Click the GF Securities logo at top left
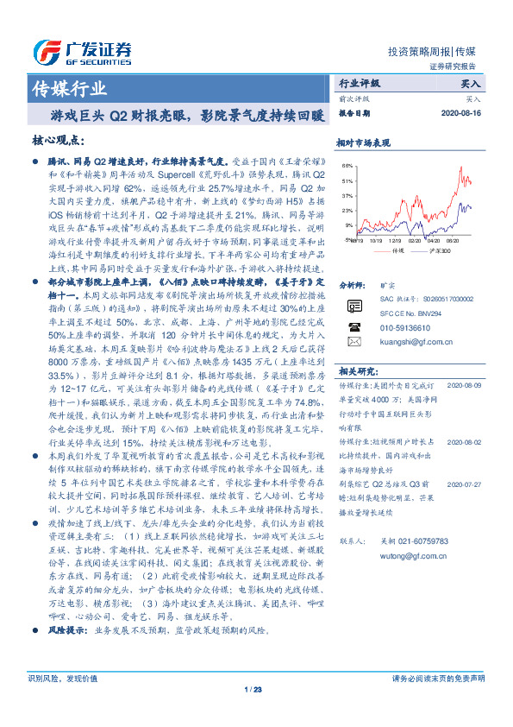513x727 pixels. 81,50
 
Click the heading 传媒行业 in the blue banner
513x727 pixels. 69,89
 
